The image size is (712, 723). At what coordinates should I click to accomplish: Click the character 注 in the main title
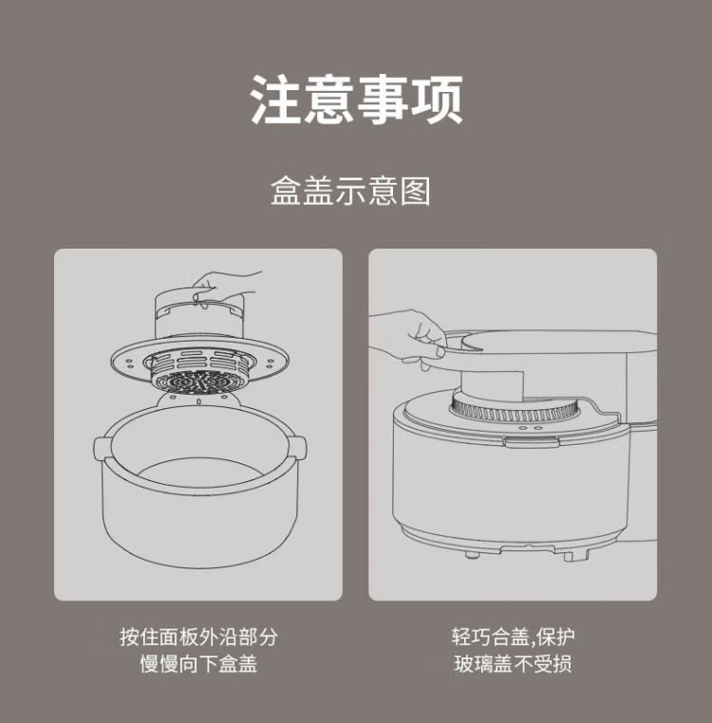click(x=276, y=100)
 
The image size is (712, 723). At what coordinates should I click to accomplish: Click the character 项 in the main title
click(x=437, y=100)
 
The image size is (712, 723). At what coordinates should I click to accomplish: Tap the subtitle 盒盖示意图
click(x=350, y=191)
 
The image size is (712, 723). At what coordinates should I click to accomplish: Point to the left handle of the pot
click(x=101, y=448)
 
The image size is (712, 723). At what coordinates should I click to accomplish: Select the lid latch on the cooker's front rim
click(x=532, y=442)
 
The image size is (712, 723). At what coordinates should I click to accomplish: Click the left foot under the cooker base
click(x=471, y=554)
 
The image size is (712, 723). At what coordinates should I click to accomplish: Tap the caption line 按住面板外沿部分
click(x=198, y=638)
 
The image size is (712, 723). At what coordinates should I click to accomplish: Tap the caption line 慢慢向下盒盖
click(x=198, y=664)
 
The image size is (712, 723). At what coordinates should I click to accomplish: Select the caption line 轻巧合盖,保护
click(x=513, y=638)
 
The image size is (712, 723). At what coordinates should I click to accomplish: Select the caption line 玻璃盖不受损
click(x=513, y=664)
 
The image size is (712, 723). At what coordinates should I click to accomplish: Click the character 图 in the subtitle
click(x=415, y=191)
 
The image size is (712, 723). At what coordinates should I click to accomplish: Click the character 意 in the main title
click(x=329, y=100)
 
